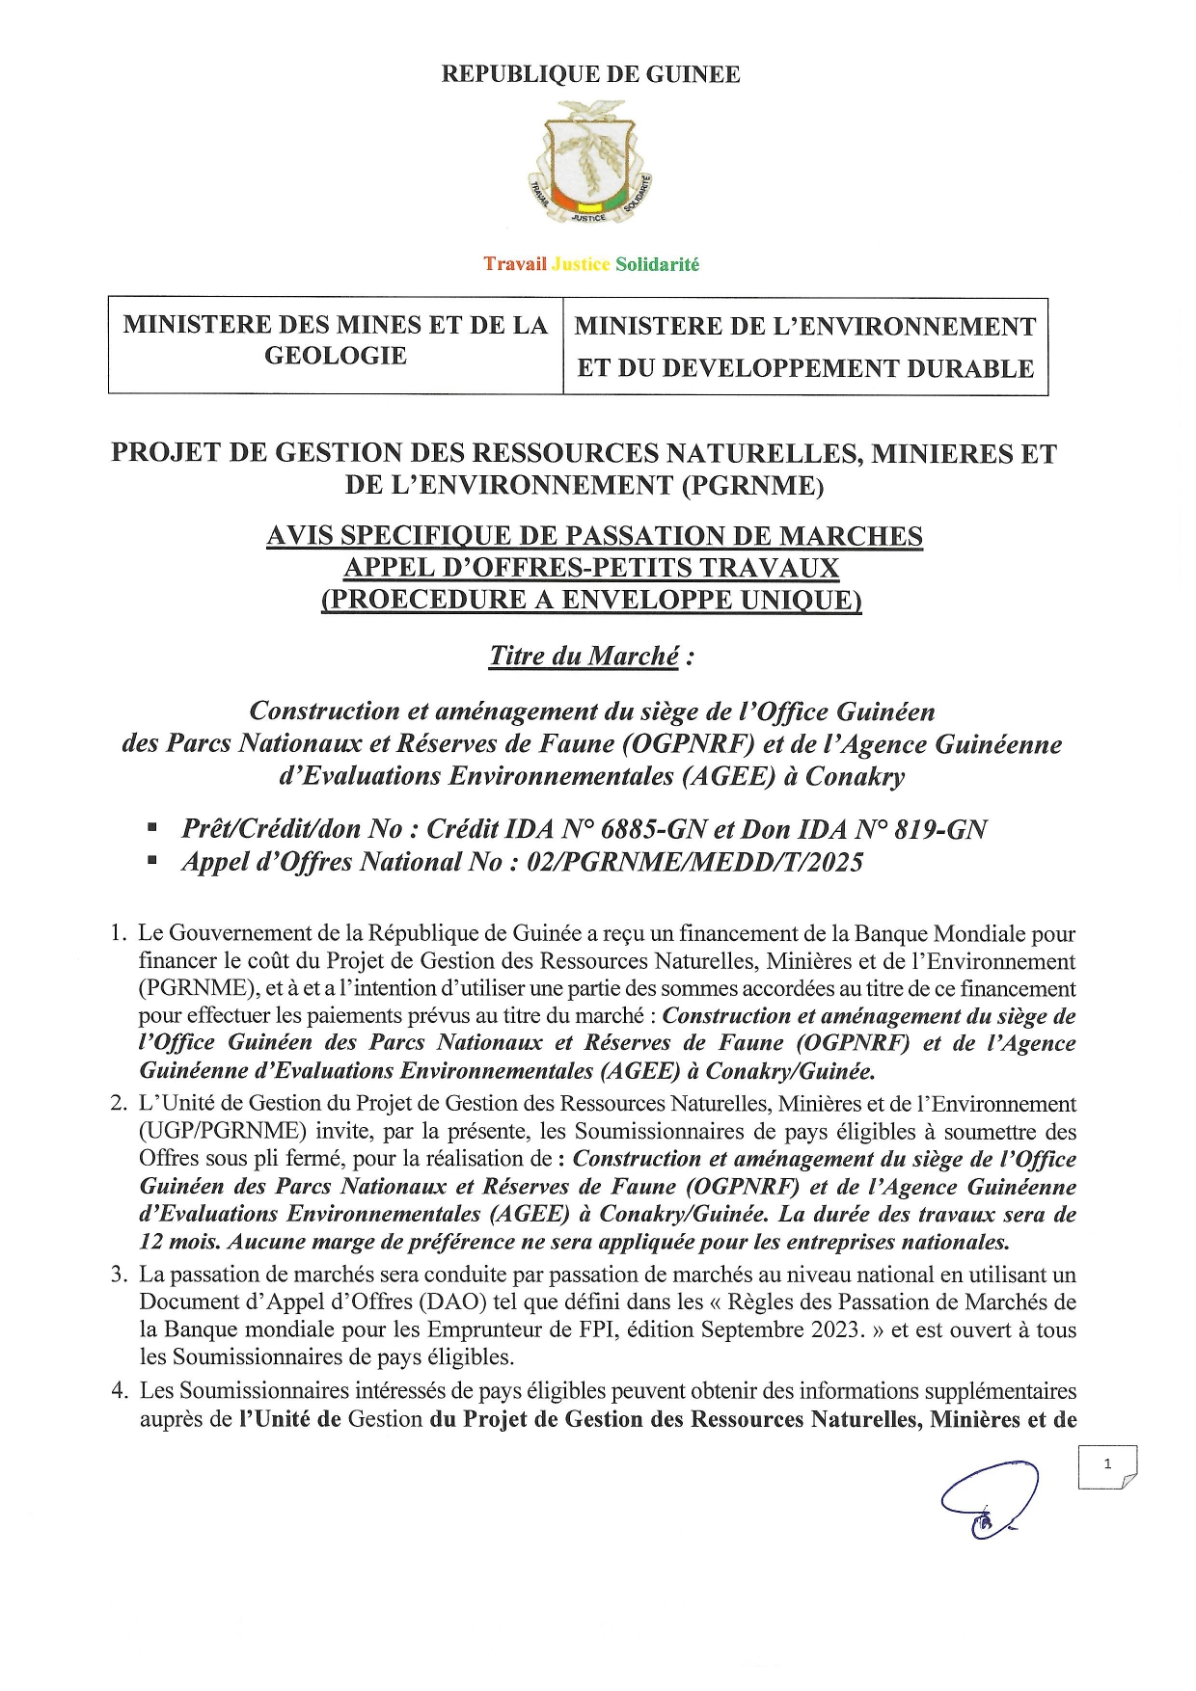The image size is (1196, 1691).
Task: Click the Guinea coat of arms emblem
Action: pyautogui.click(x=590, y=171)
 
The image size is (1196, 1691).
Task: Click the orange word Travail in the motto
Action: pyautogui.click(x=514, y=264)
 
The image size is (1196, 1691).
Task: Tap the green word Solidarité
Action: pyautogui.click(x=657, y=264)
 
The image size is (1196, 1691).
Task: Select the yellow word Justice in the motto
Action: pyautogui.click(x=581, y=264)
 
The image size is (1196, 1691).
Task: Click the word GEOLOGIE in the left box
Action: pyautogui.click(x=336, y=356)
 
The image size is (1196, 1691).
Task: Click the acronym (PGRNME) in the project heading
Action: pyautogui.click(x=753, y=485)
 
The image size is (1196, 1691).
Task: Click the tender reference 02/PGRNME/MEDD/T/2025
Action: pyautogui.click(x=694, y=862)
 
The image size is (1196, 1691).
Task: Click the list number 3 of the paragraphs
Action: pyautogui.click(x=119, y=1275)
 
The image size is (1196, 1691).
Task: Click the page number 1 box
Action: pyautogui.click(x=1107, y=1465)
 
